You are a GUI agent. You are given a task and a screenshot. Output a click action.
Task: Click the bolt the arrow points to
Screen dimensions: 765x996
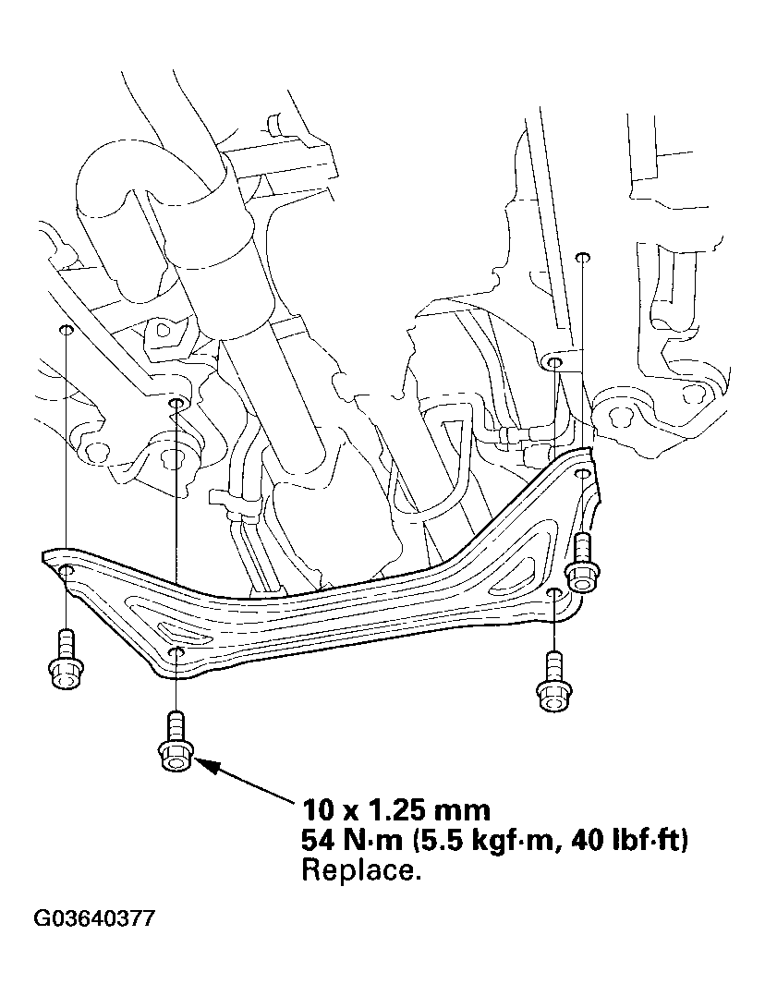pyautogui.click(x=176, y=741)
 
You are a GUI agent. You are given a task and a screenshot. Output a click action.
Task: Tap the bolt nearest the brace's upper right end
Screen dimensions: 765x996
pyautogui.click(x=582, y=563)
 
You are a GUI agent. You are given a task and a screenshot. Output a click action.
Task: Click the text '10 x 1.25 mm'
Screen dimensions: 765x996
pyautogui.click(x=395, y=810)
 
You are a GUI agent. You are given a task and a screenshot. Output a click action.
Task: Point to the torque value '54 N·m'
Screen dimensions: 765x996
pyautogui.click(x=351, y=841)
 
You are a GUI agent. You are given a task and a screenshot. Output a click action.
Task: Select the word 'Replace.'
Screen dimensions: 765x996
pyautogui.click(x=361, y=870)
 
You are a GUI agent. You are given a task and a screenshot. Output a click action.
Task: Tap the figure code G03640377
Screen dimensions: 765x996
pyautogui.click(x=94, y=919)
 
